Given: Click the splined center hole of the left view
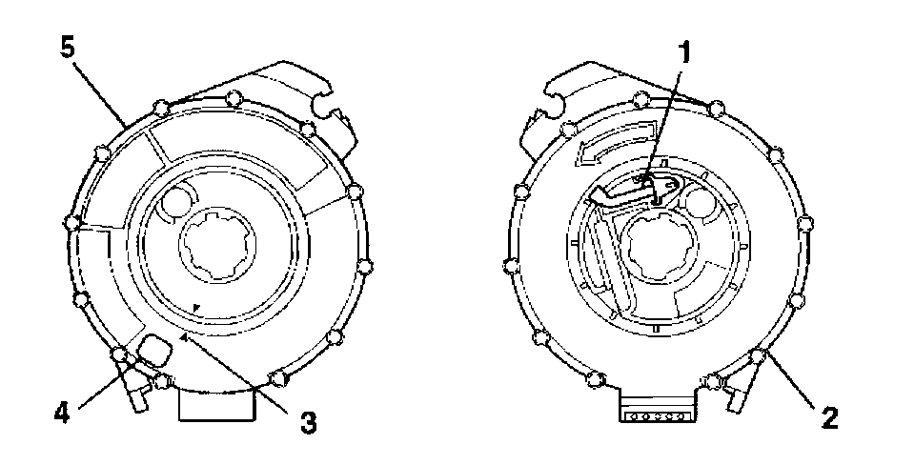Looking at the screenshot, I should tap(218, 252).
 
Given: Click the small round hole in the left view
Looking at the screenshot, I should tap(176, 199).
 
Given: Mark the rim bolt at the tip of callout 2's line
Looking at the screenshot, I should tap(759, 357).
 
